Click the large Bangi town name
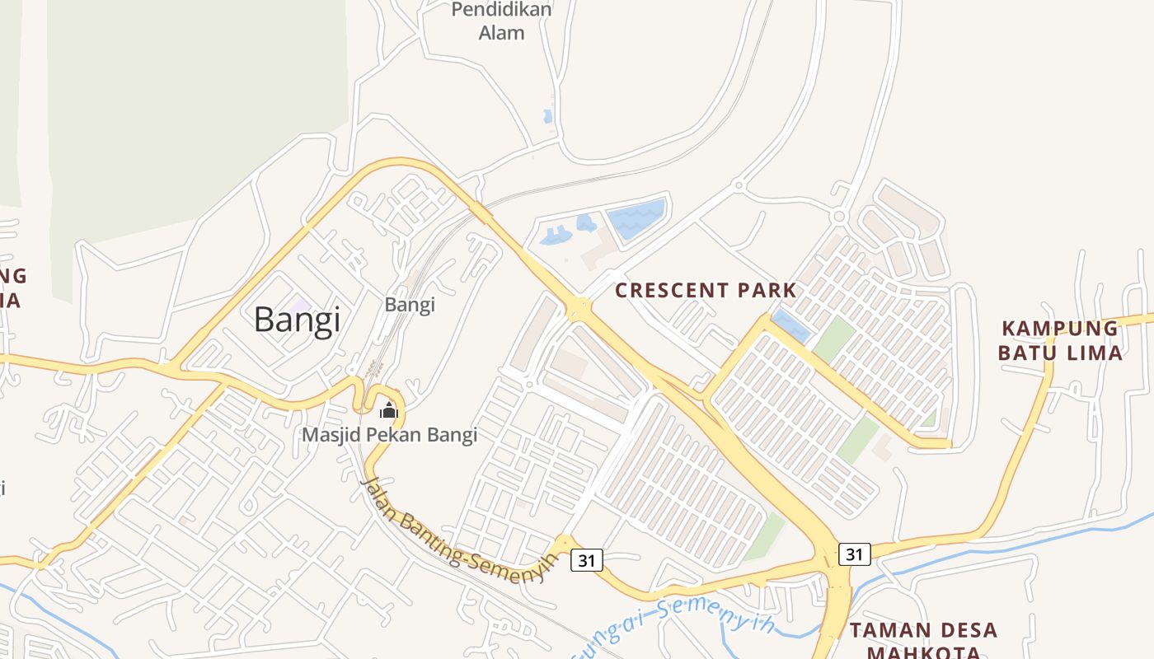coord(297,320)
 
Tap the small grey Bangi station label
coord(410,305)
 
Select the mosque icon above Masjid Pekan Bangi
coord(389,409)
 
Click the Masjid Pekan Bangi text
coord(390,435)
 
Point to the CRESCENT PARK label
coord(706,291)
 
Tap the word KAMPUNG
coord(1060,329)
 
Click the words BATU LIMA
coord(1060,353)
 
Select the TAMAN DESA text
coord(923,631)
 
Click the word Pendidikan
coord(502,10)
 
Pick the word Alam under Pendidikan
coord(501,34)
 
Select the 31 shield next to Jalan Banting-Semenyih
coord(586,560)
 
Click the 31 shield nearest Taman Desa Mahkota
coord(854,554)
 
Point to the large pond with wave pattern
coord(636,218)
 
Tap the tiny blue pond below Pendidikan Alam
coord(548,117)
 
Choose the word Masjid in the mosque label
coord(329,435)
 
